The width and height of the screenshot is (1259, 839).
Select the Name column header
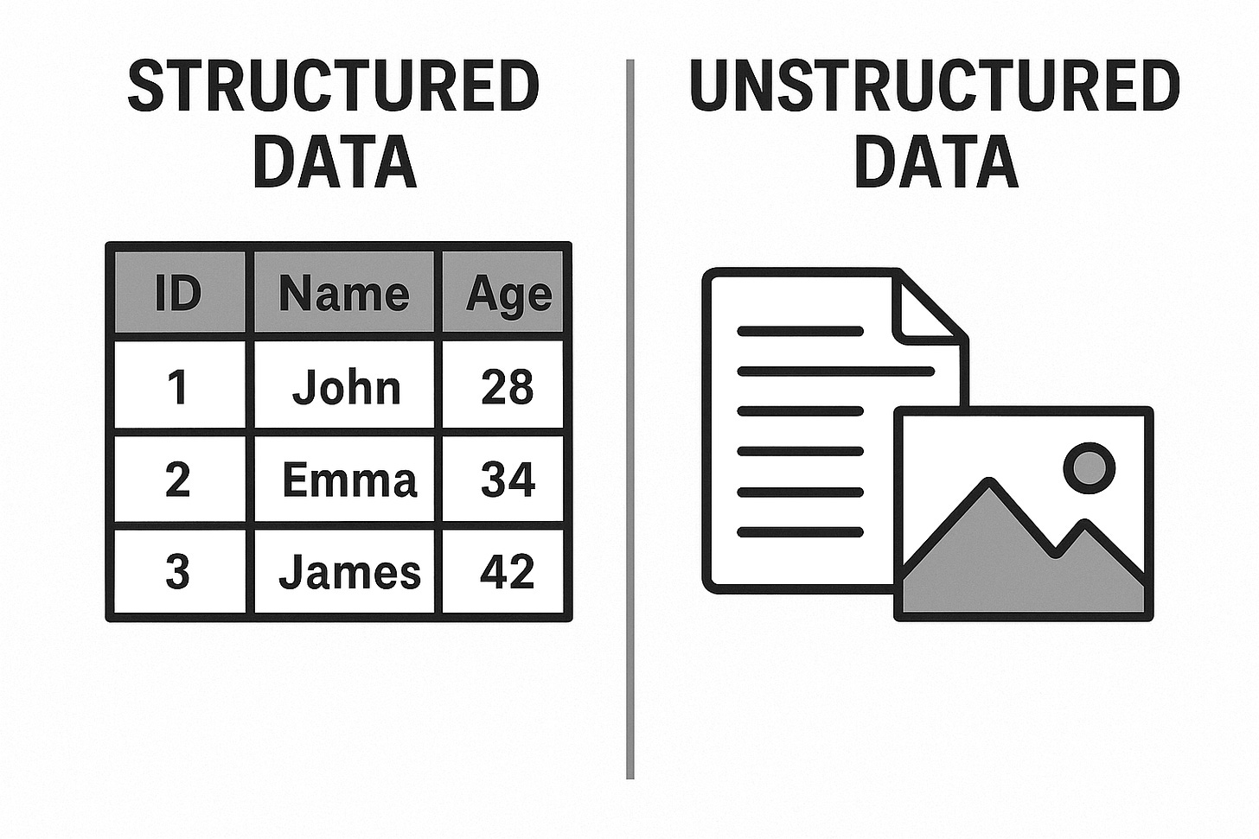pos(344,292)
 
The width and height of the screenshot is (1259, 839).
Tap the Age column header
pos(502,292)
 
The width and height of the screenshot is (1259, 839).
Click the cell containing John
pos(344,385)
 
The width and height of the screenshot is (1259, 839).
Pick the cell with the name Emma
pos(344,479)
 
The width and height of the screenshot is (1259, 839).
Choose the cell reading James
pos(344,572)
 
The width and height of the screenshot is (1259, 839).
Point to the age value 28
pos(508,387)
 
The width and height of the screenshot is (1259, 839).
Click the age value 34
pos(508,480)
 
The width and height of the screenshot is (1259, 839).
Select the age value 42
pos(507,572)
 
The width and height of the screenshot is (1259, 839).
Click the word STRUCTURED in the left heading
pos(334,86)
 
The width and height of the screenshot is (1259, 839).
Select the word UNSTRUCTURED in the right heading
pos(935,86)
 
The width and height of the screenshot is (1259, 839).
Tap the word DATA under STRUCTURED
pos(335,162)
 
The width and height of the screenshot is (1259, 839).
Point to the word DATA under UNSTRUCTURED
pos(936,162)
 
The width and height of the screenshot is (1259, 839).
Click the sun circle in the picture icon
pos(1090,467)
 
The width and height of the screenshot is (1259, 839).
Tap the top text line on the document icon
pos(800,331)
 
